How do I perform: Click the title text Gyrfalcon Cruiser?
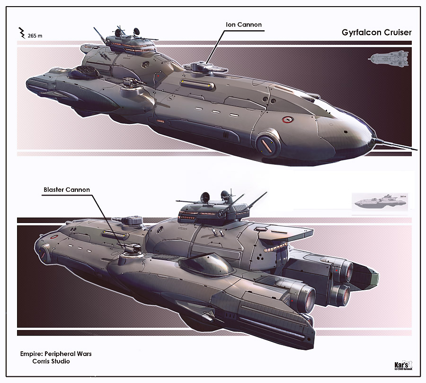[376, 33]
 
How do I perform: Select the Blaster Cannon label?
[66, 190]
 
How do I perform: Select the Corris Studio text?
[51, 361]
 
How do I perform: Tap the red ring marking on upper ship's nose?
[285, 119]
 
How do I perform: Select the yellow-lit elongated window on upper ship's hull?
[196, 84]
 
